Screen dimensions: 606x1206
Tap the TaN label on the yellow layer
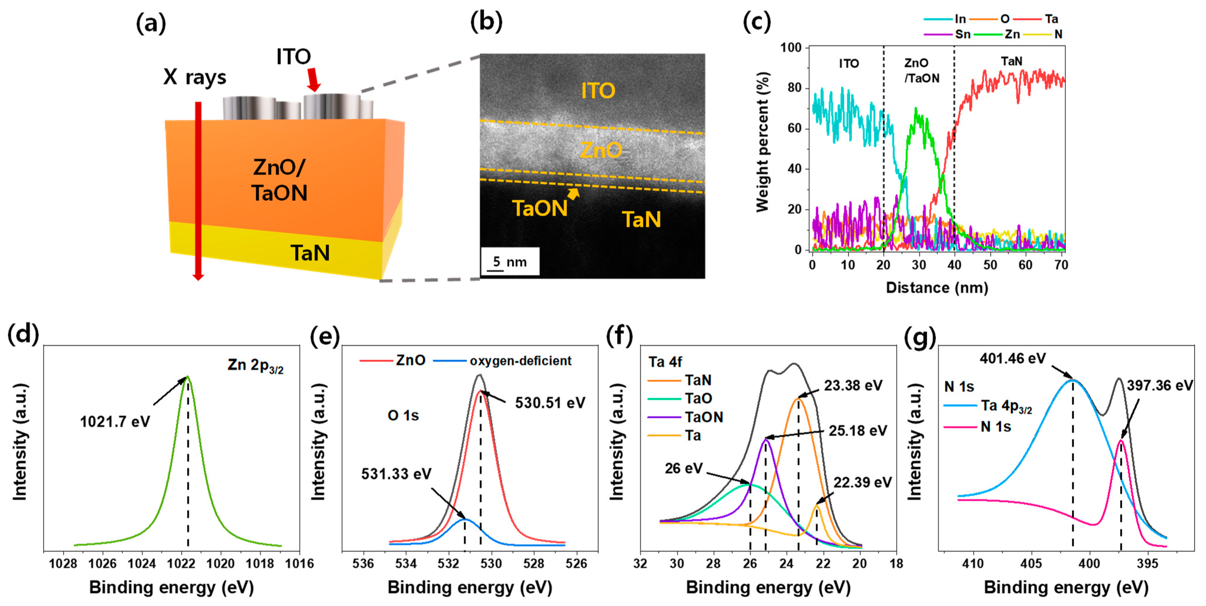310,253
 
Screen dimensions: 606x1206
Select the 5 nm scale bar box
510,261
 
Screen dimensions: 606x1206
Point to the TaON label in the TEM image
540,208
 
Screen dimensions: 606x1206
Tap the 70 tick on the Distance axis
1061,265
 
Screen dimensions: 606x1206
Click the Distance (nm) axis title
937,287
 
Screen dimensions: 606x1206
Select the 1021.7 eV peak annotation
115,421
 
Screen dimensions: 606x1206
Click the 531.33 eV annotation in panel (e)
396,474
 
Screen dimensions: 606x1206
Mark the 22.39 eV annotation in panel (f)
862,482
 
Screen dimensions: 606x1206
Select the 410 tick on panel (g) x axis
973,563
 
